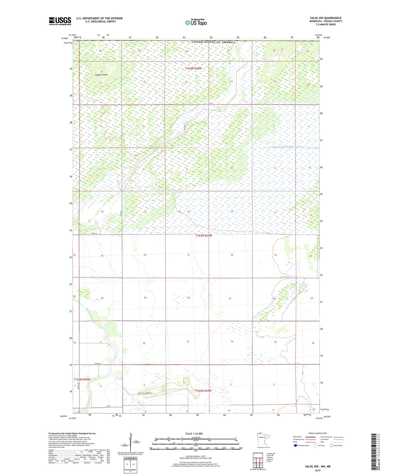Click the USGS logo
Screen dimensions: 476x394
coord(60,21)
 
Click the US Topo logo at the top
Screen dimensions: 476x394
coord(196,22)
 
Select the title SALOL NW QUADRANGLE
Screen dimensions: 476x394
coord(326,18)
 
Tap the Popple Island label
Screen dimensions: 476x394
coord(101,75)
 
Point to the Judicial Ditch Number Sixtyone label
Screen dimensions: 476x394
coord(287,147)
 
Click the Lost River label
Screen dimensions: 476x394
coord(286,277)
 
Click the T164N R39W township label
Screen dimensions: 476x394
coord(193,68)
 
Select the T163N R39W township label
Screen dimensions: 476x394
coord(203,236)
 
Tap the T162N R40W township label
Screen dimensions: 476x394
coord(82,379)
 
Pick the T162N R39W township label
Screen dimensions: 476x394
coord(203,391)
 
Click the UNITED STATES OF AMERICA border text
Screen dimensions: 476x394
coord(213,42)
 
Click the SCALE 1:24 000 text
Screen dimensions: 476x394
coord(194,433)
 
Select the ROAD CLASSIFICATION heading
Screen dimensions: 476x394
coord(318,433)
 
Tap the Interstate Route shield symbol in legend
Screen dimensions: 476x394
coord(295,445)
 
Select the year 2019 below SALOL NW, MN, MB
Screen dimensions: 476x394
coord(318,470)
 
